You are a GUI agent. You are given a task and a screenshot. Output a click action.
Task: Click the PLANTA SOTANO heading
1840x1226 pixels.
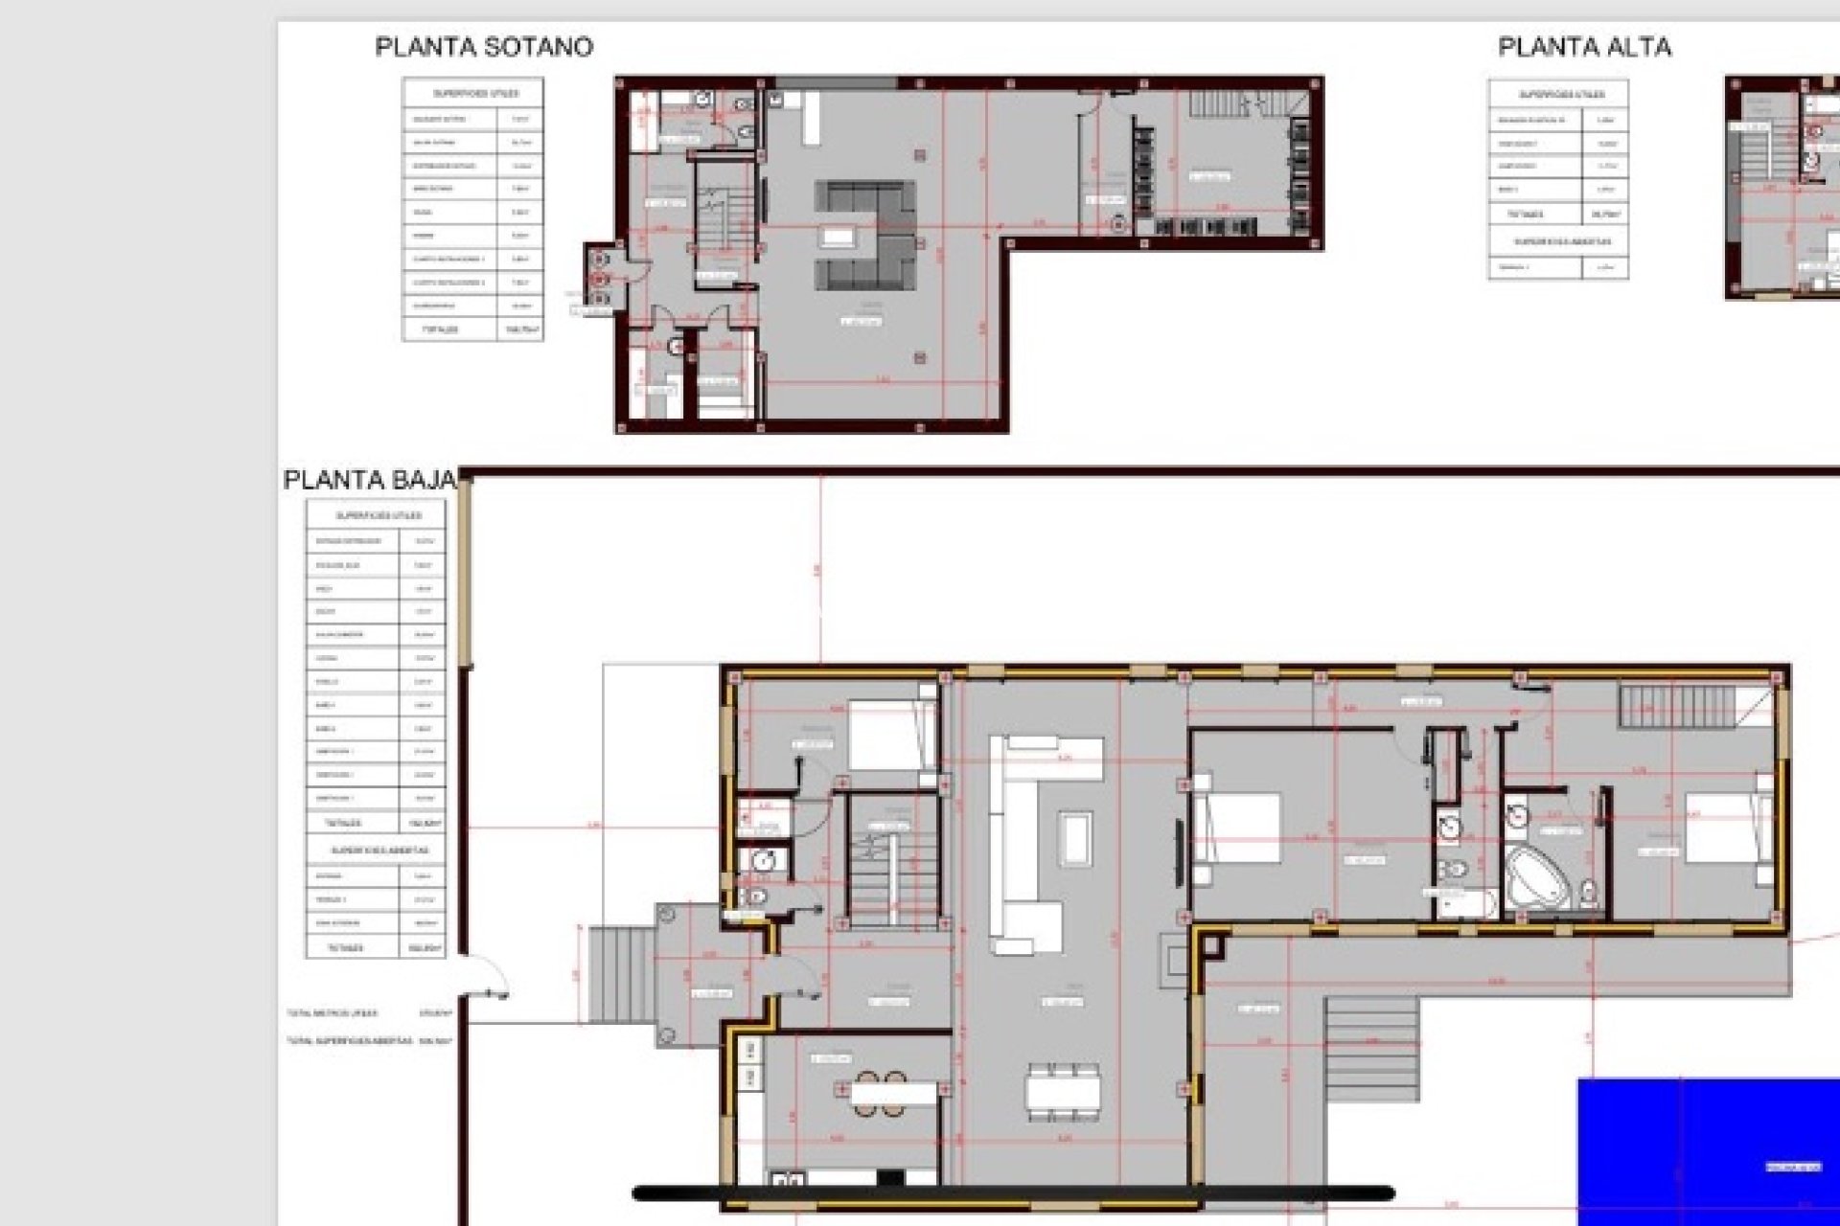pyautogui.click(x=483, y=47)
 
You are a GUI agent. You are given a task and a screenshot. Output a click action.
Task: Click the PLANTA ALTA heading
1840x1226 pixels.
pyautogui.click(x=1584, y=47)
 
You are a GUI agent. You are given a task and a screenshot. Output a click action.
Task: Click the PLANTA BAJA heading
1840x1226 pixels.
pyautogui.click(x=369, y=480)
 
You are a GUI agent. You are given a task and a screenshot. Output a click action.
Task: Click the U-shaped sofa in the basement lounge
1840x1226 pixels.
pyautogui.click(x=865, y=236)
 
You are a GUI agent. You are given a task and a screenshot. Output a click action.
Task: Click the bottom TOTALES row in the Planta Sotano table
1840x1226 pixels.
pyautogui.click(x=472, y=329)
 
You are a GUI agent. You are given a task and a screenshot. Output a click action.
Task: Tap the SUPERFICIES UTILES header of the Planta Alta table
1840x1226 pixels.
pyautogui.click(x=1558, y=95)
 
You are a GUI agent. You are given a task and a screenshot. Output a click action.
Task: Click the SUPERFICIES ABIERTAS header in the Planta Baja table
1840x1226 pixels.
pyautogui.click(x=376, y=850)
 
